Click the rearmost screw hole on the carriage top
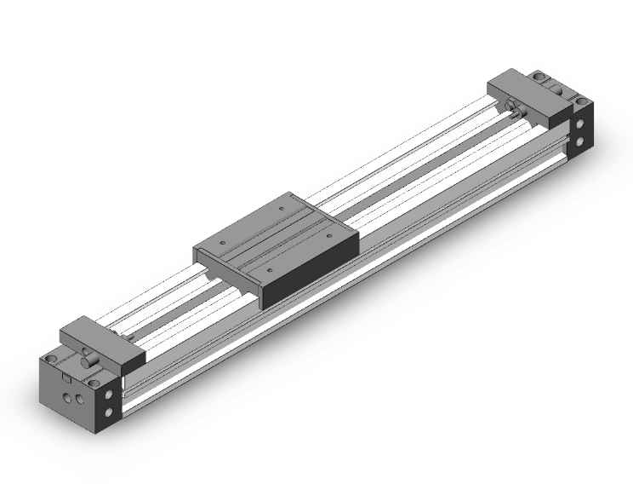[282, 205]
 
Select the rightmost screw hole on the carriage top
[327, 230]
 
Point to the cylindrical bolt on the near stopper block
[88, 363]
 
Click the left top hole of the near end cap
[54, 354]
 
